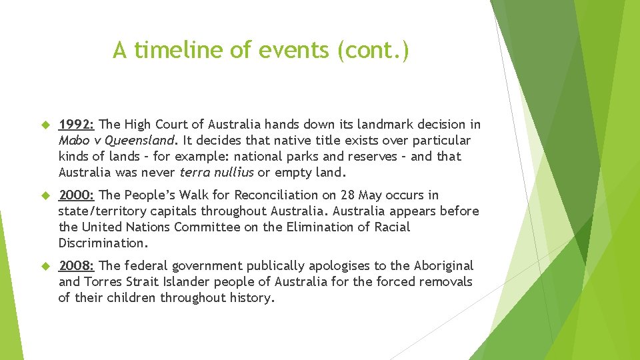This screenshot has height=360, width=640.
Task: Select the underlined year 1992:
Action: coord(77,125)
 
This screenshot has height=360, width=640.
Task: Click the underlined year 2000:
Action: coord(77,195)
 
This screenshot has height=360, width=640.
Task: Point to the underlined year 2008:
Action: coord(77,266)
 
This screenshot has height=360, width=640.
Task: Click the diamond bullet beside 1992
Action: coord(46,125)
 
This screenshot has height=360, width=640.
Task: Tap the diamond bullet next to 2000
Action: coord(46,196)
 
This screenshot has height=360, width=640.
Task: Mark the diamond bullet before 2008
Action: coord(46,267)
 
